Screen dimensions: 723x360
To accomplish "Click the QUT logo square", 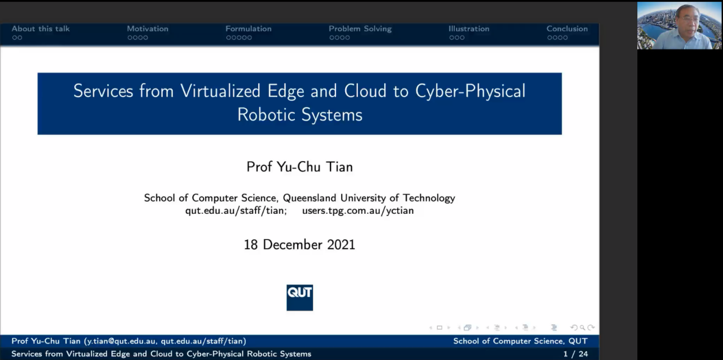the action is (299, 297).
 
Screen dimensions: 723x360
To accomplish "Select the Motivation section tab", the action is (147, 29).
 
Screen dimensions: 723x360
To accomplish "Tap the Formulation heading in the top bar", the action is (248, 29).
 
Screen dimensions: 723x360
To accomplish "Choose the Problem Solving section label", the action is (360, 29).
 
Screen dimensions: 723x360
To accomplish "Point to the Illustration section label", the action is (469, 29).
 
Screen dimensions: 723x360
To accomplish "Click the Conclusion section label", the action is (567, 29).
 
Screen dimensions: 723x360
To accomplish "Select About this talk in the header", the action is (41, 29).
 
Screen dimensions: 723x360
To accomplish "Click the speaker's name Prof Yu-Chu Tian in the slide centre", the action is (299, 167).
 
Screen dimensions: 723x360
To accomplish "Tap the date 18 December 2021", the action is (299, 245).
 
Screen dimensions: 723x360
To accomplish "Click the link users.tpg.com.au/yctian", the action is (358, 211).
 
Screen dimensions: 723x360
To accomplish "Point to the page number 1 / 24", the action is (576, 354).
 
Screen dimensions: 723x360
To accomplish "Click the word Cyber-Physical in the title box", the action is (470, 91).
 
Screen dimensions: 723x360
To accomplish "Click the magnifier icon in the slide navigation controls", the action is (582, 328).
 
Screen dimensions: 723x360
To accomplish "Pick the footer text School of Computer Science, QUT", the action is (520, 341).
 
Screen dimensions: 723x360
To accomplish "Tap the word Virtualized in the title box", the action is (220, 91).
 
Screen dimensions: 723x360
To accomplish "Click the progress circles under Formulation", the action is (239, 38).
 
